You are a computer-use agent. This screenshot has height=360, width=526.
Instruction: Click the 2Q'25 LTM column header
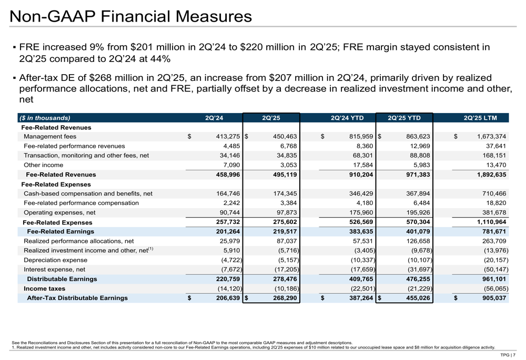(x=480, y=118)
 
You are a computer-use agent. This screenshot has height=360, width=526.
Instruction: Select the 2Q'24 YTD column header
(x=347, y=118)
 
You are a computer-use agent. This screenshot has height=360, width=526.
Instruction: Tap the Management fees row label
(x=50, y=137)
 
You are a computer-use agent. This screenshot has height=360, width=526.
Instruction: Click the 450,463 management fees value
(x=285, y=137)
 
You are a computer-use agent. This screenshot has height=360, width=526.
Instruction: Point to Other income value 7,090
(x=231, y=165)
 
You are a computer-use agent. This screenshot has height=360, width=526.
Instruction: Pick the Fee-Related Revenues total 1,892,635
(x=491, y=174)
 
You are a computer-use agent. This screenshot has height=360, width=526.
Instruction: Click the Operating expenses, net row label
(x=59, y=212)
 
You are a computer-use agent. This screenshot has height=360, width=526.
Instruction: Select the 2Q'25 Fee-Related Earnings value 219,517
(x=285, y=232)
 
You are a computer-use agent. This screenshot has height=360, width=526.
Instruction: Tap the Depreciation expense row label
(x=55, y=260)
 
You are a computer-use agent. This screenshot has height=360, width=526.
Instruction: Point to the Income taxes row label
(x=44, y=289)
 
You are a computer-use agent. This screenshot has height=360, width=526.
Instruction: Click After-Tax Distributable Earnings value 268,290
(x=285, y=298)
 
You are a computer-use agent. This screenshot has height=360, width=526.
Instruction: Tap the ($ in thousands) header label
(x=45, y=118)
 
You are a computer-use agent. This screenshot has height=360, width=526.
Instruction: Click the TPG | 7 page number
(x=508, y=355)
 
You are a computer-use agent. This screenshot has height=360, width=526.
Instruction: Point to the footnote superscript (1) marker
(x=150, y=249)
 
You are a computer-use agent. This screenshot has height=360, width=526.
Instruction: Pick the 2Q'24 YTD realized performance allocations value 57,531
(x=362, y=241)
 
